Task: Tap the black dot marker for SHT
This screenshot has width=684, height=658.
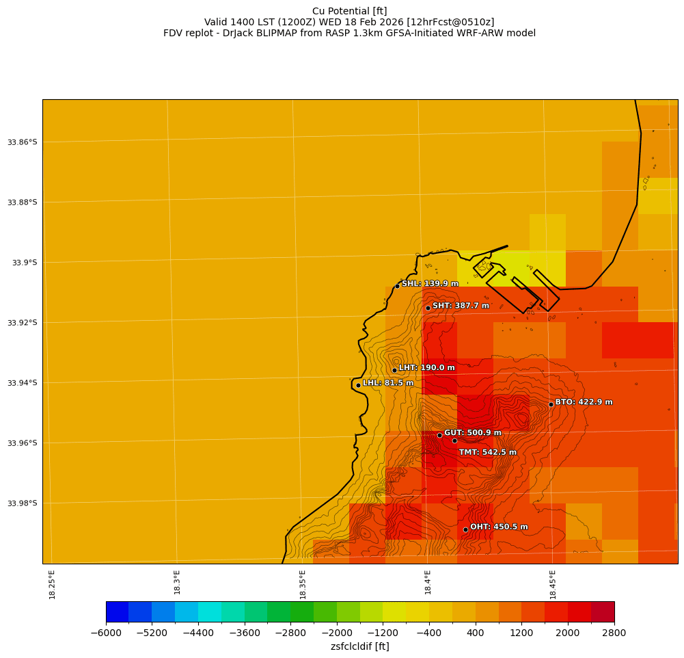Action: point(428,308)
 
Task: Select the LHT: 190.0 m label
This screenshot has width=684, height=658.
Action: point(426,368)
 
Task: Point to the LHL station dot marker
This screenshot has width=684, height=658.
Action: point(358,385)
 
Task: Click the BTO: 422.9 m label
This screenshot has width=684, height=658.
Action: point(584,402)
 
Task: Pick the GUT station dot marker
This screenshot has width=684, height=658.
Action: point(439,435)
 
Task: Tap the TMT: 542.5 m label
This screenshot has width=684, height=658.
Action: point(487,452)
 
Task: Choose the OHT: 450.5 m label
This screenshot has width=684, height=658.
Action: point(499,527)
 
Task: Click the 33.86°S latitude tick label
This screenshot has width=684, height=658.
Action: point(23,142)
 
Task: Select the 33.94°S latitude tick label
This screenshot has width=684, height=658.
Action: point(23,383)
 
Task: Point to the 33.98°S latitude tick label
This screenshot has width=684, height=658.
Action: point(23,503)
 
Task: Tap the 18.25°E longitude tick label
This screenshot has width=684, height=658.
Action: point(53,585)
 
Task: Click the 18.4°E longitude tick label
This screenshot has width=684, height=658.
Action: point(428,585)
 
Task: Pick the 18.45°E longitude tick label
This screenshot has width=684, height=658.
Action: point(553,585)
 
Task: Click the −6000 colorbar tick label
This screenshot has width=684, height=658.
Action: point(106,633)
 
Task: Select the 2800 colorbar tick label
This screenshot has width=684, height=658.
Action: point(614,633)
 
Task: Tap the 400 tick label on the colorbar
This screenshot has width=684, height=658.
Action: point(475,633)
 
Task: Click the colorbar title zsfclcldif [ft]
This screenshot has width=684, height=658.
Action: point(360,646)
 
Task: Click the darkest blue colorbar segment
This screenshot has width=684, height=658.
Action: point(118,611)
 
